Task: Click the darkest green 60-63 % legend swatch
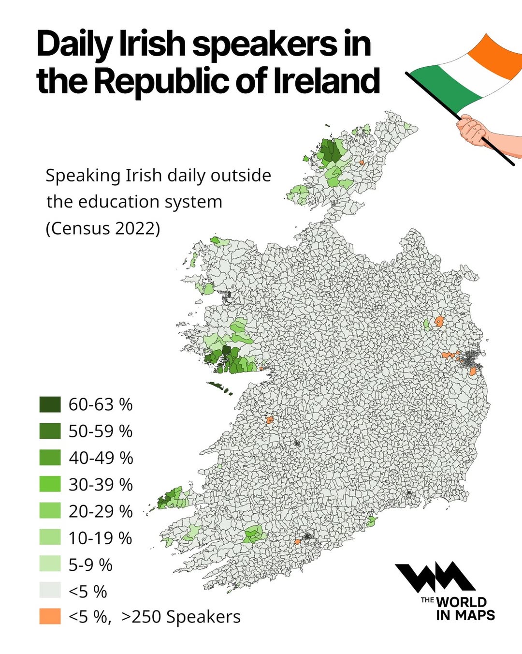click(50, 404)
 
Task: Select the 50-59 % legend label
click(100, 431)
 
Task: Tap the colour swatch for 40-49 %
click(50, 458)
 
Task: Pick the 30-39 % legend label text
click(100, 484)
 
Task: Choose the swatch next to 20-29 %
click(50, 511)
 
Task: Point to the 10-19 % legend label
click(100, 538)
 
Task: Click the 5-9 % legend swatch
click(50, 564)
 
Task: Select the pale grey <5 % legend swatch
click(50, 591)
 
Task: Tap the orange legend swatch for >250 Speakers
click(50, 617)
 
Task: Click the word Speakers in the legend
click(203, 617)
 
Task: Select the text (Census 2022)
click(102, 228)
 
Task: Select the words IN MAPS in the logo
click(465, 615)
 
